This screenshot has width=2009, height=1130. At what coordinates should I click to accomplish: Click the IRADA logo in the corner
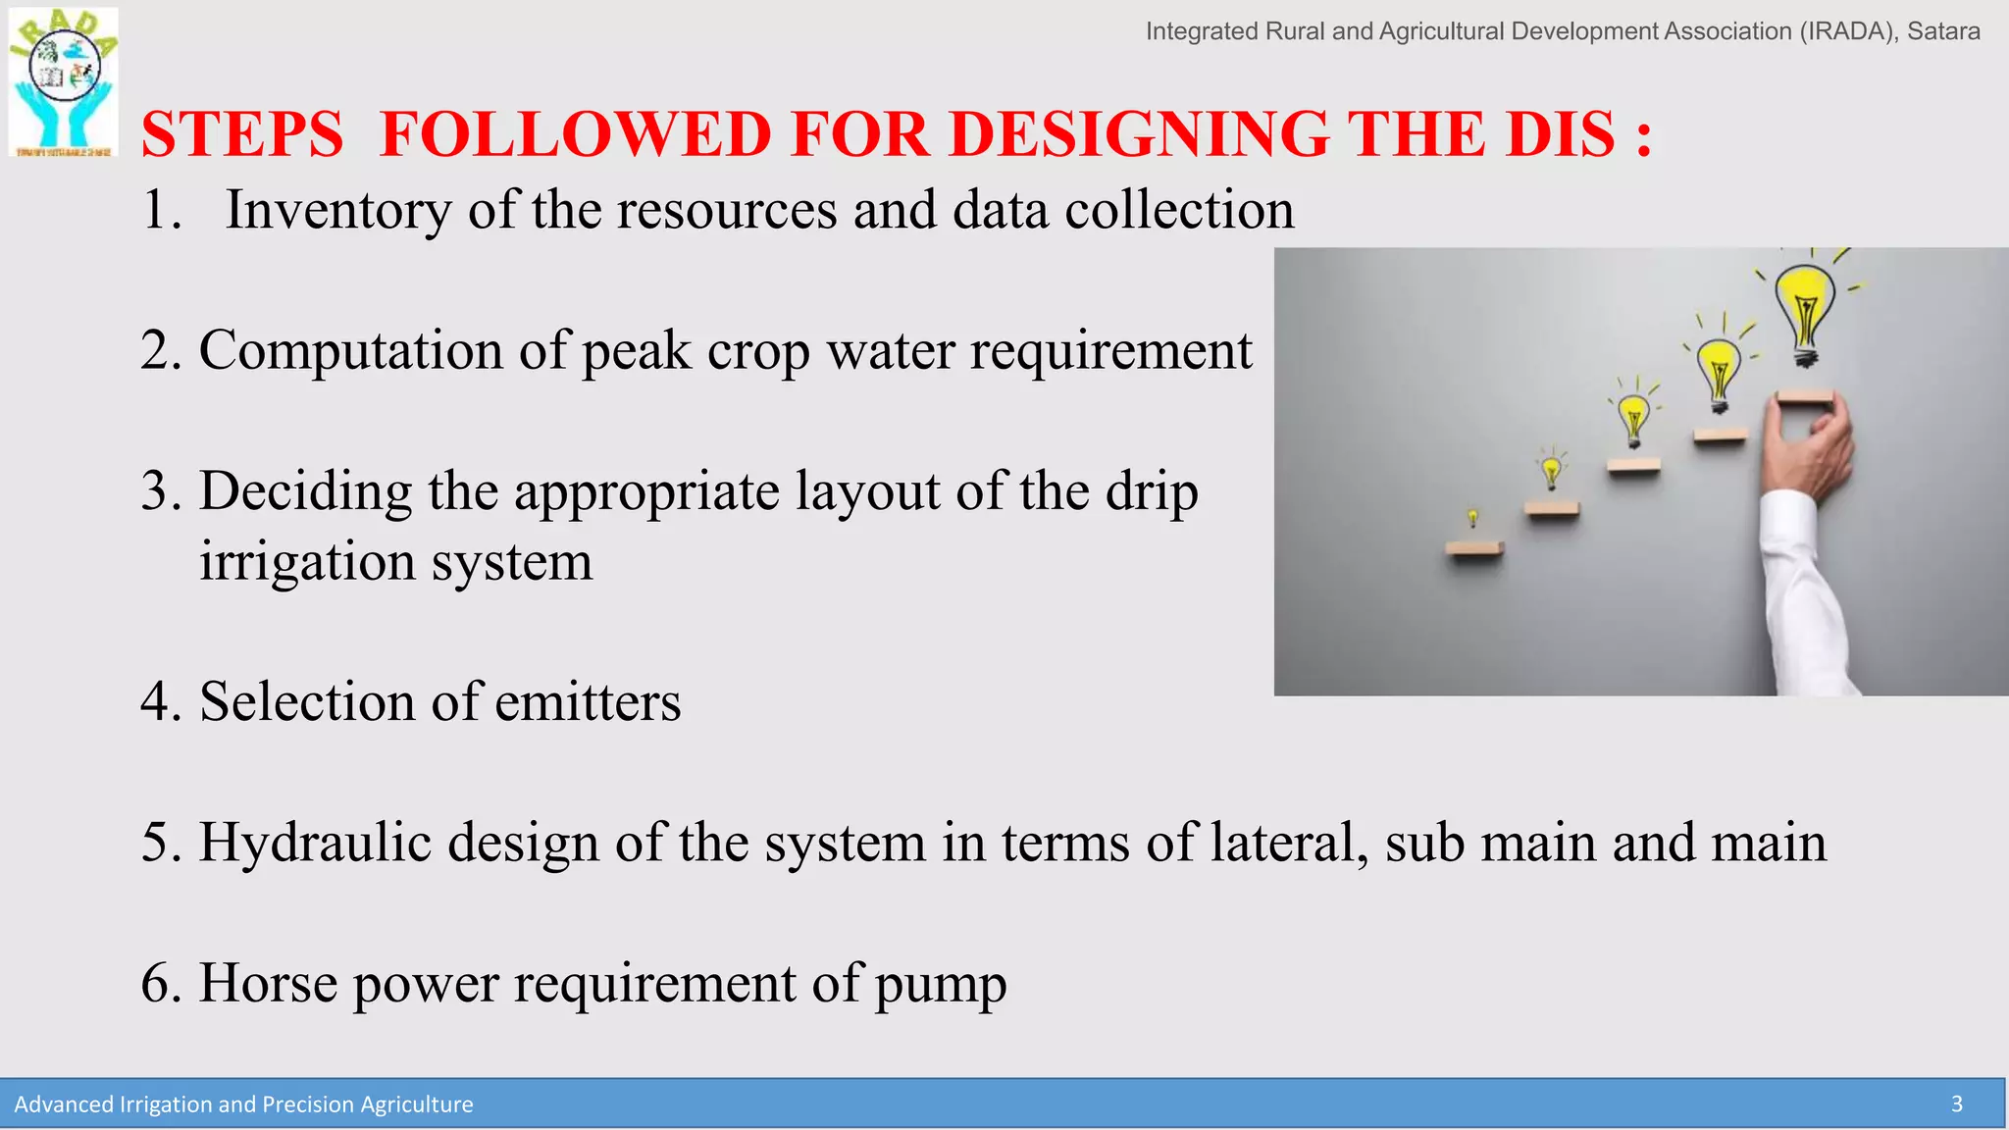pyautogui.click(x=64, y=81)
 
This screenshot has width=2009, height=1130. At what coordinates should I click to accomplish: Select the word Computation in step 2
pyautogui.click(x=351, y=350)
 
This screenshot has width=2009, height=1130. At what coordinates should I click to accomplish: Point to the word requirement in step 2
pyautogui.click(x=1110, y=350)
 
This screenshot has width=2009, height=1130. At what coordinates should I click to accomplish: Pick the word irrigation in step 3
pyautogui.click(x=307, y=562)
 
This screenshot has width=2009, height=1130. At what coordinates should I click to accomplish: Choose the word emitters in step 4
pyautogui.click(x=588, y=702)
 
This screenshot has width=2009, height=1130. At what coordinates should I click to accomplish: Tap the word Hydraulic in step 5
pyautogui.click(x=315, y=843)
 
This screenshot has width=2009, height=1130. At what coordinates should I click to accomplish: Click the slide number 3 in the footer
pyautogui.click(x=1956, y=1104)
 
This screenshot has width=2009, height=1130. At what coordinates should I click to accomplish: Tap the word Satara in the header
pyautogui.click(x=1943, y=31)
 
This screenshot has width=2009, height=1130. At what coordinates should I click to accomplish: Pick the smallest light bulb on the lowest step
pyautogui.click(x=1472, y=517)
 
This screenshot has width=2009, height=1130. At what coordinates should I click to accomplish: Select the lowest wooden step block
pyautogui.click(x=1474, y=549)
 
